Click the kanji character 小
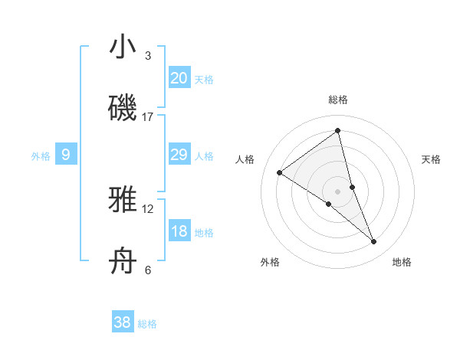(x=123, y=47)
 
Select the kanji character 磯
(x=123, y=108)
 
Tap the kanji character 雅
(x=123, y=200)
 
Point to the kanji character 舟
(x=123, y=261)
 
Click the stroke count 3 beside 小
(x=148, y=56)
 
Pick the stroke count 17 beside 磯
(x=148, y=117)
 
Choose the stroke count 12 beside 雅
(x=148, y=208)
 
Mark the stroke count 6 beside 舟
(x=148, y=270)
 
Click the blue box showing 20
(x=179, y=77)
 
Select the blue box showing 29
(x=179, y=155)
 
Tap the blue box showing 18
(x=179, y=231)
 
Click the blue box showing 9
(x=66, y=155)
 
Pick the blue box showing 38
(x=123, y=322)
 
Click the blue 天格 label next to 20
(x=204, y=79)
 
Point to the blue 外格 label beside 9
(x=41, y=156)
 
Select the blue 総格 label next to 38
(x=147, y=324)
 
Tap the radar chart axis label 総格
(x=338, y=100)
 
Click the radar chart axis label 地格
(x=402, y=262)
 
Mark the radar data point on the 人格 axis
(x=279, y=172)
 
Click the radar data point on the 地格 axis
(x=374, y=242)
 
